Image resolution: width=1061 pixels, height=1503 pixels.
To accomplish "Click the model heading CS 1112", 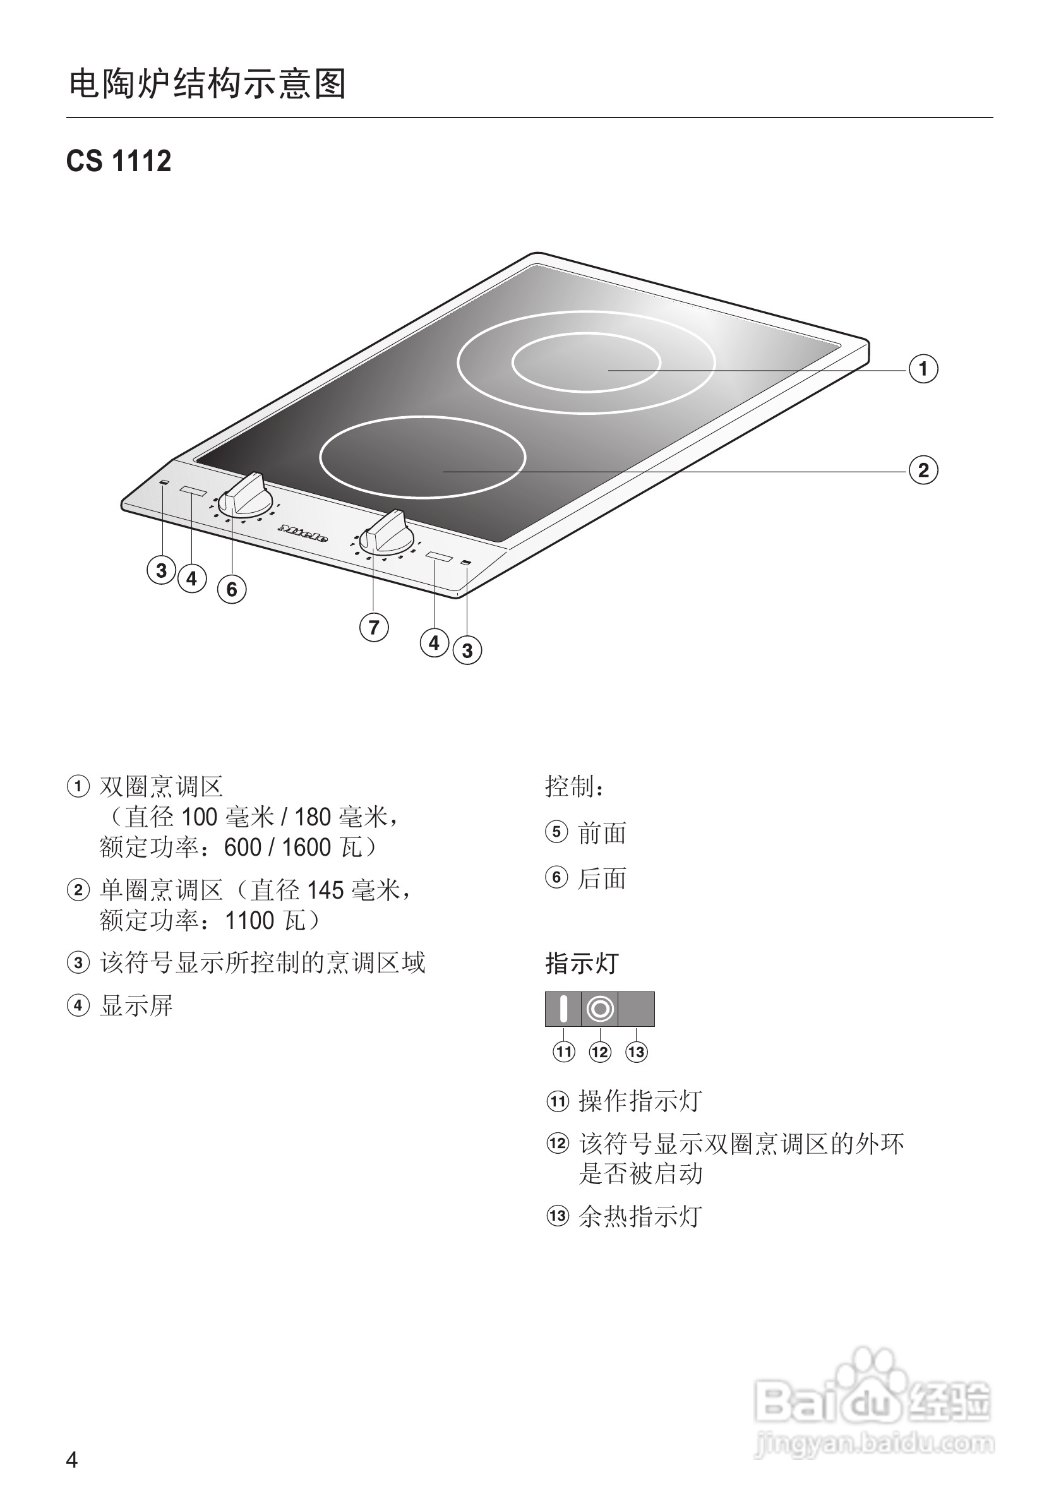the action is point(119,161).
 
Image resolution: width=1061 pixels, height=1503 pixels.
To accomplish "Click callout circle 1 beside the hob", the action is point(923,369).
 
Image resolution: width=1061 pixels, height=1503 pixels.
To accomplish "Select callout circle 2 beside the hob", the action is point(923,470).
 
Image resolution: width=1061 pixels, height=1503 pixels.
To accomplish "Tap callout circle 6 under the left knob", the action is point(232,589).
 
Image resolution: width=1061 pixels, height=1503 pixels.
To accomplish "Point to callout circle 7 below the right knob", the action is point(374,627).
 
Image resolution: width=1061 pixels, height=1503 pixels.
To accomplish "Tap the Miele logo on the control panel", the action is point(303,533).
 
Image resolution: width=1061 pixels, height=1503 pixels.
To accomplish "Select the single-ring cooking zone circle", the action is point(422,457).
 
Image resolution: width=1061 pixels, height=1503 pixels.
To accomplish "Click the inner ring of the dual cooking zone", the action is point(586,362).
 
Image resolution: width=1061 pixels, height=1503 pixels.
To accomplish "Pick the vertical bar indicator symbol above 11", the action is point(563,1009).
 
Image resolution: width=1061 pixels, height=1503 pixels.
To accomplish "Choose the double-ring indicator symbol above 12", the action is point(600,1009).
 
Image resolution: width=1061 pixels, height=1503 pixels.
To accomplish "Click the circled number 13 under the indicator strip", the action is point(636,1052).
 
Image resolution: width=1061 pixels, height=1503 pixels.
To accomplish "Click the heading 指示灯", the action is point(582,964).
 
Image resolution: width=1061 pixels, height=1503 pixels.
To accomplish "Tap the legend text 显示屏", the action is point(136,1005).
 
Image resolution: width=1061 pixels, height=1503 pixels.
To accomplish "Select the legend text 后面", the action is point(601,878).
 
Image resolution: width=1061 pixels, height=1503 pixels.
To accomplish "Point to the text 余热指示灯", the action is point(640,1216).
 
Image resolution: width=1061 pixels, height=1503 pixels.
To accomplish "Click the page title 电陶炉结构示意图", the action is point(208,85).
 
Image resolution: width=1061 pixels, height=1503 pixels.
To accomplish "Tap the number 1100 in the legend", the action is point(249,921).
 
